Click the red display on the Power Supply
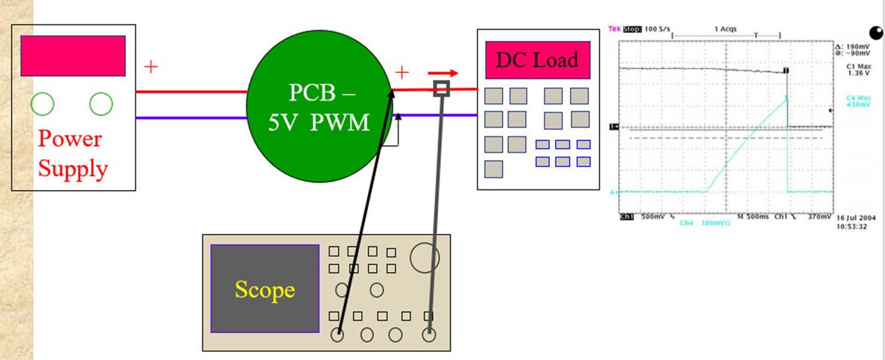point(72,56)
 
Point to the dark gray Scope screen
point(264,288)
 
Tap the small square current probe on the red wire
point(442,89)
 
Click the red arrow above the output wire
point(442,74)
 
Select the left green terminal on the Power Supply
point(43,104)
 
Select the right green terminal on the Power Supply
point(101,104)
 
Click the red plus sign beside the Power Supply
point(151,67)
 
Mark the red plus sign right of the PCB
point(402,72)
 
